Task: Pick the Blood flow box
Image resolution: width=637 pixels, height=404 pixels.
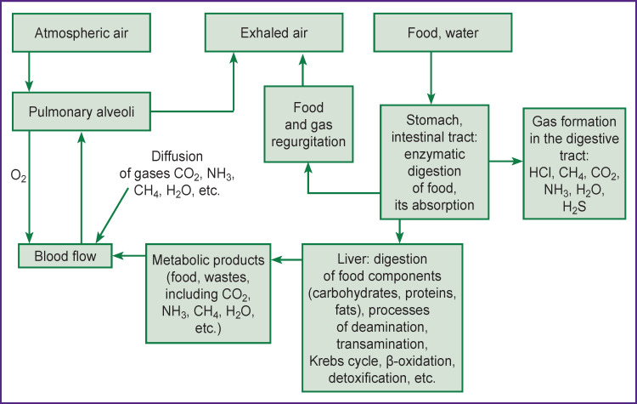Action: click(x=65, y=254)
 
